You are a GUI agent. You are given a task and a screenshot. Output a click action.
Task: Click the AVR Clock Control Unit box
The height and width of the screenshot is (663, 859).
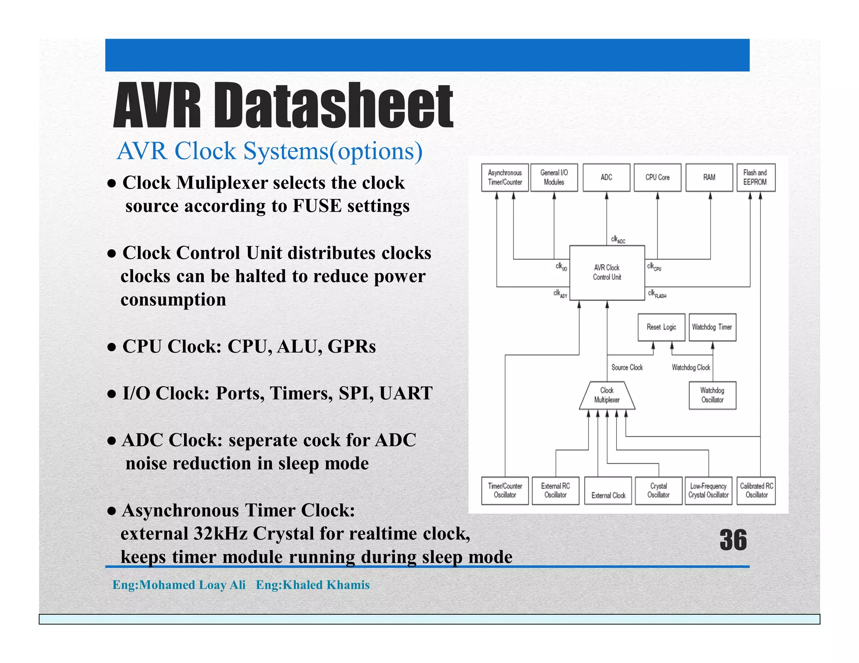(607, 272)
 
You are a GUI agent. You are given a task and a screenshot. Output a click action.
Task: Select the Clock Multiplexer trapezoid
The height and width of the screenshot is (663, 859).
(607, 395)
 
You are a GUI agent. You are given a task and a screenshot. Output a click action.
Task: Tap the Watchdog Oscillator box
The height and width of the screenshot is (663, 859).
(712, 395)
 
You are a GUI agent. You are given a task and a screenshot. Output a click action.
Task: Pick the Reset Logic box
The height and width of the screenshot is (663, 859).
(661, 327)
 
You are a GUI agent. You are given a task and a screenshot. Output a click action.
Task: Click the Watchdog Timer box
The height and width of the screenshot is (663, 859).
(712, 327)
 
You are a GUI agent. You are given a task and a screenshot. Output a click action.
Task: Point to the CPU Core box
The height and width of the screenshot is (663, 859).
(657, 177)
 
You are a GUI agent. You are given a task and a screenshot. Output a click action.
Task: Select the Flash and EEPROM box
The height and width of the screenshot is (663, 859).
(755, 177)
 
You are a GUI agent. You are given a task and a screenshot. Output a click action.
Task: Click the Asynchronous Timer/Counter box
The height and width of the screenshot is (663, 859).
(505, 177)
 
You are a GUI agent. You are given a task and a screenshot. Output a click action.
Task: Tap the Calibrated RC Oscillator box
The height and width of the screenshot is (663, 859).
(756, 490)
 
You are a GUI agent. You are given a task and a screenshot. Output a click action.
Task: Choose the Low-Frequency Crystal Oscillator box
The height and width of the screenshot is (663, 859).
(708, 490)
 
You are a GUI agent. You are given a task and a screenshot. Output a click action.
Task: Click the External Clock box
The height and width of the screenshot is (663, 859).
(608, 491)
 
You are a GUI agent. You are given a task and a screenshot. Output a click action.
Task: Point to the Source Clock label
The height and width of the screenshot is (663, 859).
(627, 368)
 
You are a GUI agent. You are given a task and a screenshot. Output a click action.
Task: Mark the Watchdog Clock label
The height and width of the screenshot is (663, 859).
(691, 368)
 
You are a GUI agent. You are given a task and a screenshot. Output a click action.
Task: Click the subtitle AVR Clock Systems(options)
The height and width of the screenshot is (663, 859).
(269, 151)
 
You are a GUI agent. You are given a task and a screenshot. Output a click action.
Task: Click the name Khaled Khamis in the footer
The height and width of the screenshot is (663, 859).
(326, 585)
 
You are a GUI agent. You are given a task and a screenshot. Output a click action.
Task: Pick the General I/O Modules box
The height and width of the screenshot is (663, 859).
(554, 177)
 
